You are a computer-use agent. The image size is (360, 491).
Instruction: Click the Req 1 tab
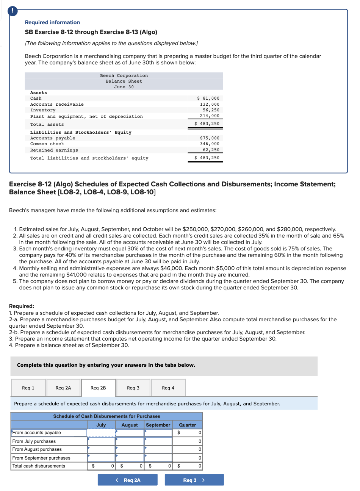28,388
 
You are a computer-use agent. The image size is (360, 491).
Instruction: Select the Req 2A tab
63,388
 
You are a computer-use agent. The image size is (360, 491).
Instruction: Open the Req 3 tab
133,388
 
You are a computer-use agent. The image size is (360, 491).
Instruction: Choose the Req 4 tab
168,388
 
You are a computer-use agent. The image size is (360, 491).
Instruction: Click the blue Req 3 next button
194,480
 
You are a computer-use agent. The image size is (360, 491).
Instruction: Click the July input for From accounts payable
101,433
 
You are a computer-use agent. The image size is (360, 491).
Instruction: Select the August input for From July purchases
130,441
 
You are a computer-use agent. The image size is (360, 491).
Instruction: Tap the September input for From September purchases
158,458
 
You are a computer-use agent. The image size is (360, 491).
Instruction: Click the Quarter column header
188,425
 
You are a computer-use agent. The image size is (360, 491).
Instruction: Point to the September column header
158,425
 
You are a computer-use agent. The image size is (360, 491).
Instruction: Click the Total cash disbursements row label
39,466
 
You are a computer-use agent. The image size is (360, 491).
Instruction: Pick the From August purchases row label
37,449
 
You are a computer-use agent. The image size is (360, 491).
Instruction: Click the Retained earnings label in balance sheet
54,150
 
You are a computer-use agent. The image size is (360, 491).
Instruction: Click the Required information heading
52,22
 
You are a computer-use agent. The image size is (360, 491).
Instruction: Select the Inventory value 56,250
211,110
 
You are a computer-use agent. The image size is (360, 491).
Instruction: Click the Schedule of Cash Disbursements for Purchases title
106,416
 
